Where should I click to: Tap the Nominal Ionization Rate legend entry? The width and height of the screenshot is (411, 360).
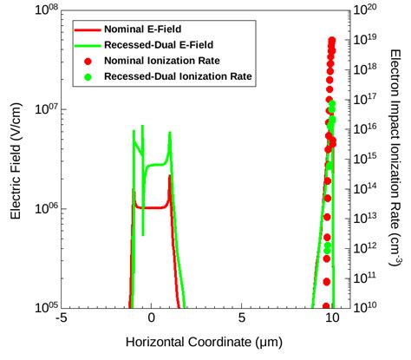[155, 61]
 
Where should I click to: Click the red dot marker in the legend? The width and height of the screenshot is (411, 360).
[87, 61]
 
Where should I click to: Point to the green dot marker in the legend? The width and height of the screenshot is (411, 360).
[87, 76]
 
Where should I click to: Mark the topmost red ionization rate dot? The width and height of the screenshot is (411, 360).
[332, 40]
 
